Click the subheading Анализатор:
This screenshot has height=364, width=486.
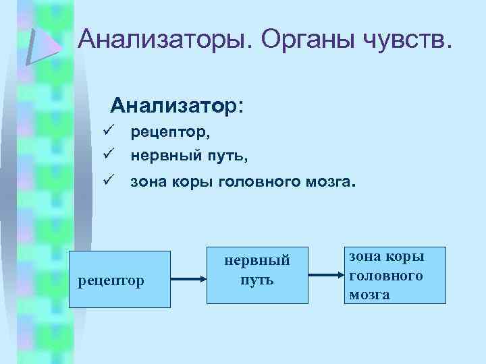coord(178,106)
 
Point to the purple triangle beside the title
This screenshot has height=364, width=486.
coord(43,43)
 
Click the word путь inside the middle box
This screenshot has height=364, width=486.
coord(257,278)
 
